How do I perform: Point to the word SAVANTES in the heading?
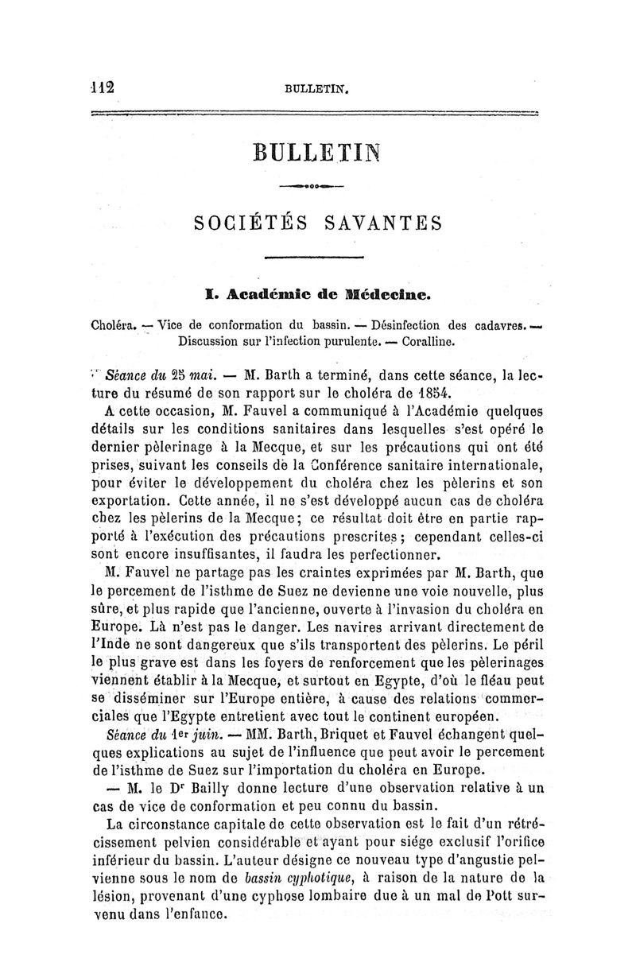click(382, 226)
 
